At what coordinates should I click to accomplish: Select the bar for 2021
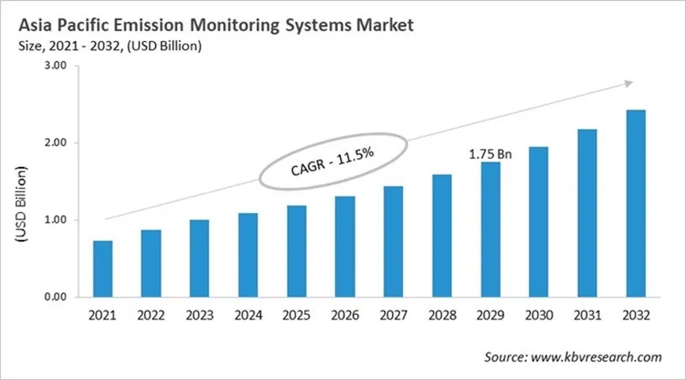point(102,268)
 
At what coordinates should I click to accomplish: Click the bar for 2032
point(635,203)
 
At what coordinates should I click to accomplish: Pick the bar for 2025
point(296,251)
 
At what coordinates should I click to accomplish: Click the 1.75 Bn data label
point(490,154)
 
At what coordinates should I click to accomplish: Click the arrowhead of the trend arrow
point(626,83)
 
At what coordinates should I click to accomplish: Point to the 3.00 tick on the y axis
point(54,66)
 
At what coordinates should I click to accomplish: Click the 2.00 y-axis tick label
point(54,143)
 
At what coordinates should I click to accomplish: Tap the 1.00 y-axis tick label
point(54,220)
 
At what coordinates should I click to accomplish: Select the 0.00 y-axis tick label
point(54,297)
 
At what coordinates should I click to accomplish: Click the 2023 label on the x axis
point(199,316)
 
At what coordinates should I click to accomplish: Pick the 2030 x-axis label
point(538,316)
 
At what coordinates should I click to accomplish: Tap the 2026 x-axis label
point(344,316)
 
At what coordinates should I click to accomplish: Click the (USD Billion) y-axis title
point(20,206)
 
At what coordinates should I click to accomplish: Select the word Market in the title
point(383,26)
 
